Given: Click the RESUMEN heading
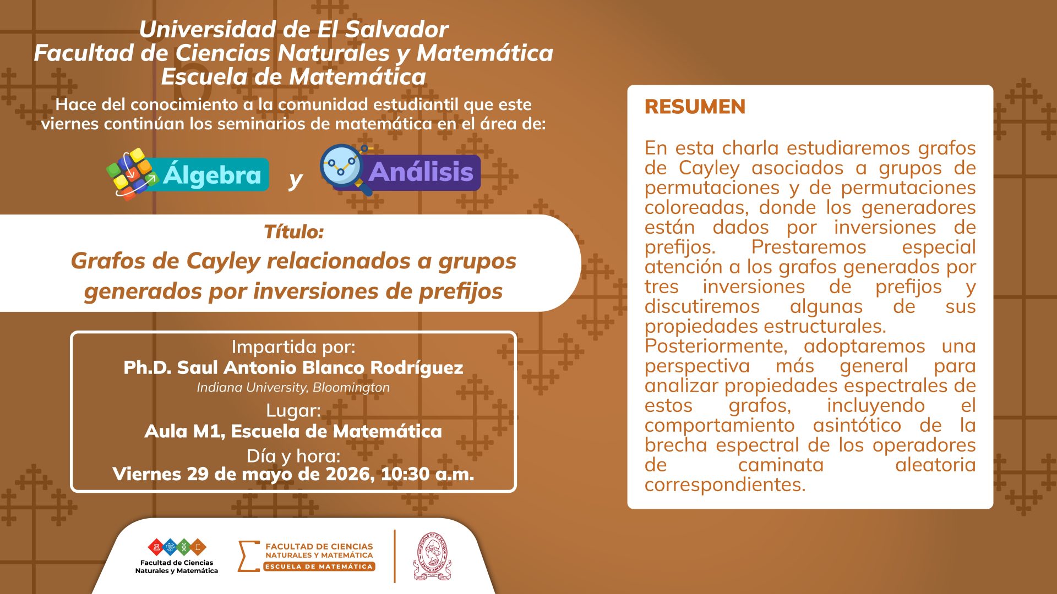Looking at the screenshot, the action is [695, 107].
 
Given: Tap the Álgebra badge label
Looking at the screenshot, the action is [212, 175].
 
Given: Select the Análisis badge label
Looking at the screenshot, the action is [421, 172].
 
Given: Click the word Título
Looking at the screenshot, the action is [293, 232].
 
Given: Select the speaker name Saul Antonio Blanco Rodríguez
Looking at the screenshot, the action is [320, 367].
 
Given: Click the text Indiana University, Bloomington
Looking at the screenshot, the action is [293, 387].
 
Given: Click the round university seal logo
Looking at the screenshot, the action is [432, 556].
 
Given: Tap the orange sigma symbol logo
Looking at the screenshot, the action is [248, 556].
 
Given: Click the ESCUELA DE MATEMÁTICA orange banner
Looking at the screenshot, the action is [319, 566].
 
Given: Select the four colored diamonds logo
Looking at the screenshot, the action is [177, 547].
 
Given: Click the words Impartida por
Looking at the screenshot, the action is [293, 347].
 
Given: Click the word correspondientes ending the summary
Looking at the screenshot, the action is [725, 485].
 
